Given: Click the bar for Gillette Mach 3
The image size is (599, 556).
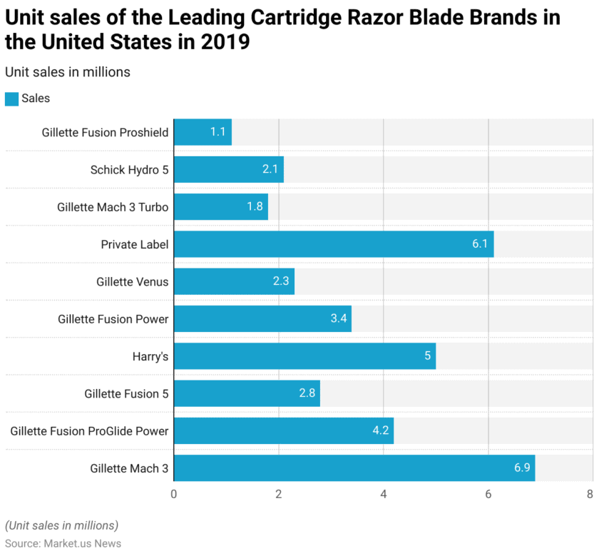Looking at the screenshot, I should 354,468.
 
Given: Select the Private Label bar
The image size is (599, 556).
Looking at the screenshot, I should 333,244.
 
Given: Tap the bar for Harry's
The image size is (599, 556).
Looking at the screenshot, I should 304,356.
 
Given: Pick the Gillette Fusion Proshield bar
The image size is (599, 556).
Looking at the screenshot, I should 203,132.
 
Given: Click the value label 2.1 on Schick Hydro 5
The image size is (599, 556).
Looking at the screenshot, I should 270,169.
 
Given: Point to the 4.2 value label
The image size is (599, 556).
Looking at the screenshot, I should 379,430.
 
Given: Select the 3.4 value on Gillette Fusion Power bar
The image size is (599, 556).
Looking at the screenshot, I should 339,318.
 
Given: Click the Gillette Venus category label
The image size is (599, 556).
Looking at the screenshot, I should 133,281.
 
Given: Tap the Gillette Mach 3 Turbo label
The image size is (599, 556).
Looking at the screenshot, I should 113,207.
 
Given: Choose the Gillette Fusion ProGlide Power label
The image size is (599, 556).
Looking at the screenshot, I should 89,430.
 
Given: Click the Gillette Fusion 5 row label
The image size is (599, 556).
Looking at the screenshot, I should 126,393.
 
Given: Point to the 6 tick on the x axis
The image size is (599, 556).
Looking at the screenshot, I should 488,494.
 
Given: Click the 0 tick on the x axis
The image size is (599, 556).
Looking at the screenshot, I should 174,494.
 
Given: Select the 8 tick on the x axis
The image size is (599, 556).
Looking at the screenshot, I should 590,494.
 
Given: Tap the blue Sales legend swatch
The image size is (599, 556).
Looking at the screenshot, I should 11,98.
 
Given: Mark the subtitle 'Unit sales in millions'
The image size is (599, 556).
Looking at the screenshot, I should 67,72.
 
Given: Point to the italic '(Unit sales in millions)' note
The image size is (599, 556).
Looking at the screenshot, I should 61,525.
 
